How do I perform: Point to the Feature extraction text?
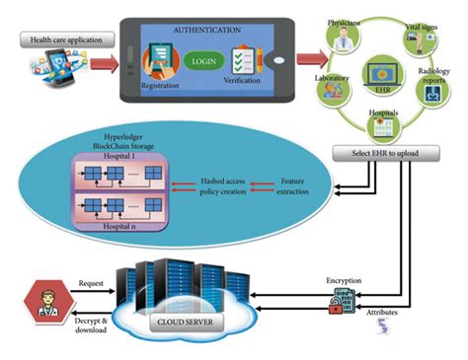(298, 187)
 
